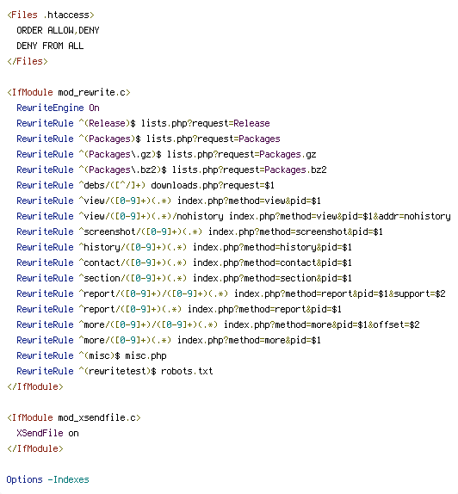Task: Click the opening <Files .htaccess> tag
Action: tap(51, 15)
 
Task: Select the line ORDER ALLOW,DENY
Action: tap(58, 30)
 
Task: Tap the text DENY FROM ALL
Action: tap(50, 46)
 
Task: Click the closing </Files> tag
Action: tap(28, 61)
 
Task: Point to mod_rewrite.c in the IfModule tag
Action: tap(92, 92)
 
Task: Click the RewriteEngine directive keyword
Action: tap(50, 108)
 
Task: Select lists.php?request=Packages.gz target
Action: tap(241, 154)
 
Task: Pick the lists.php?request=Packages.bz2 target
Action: tap(249, 170)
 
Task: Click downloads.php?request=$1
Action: tap(213, 185)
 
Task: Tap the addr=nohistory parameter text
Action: tap(414, 216)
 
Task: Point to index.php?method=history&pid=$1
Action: tap(272, 247)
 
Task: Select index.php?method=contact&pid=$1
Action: tap(272, 262)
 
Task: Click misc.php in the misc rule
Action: tap(145, 355)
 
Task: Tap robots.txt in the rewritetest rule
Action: tap(187, 371)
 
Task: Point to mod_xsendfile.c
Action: tap(96, 417)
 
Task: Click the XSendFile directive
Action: tap(40, 433)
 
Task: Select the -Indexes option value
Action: tap(68, 479)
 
